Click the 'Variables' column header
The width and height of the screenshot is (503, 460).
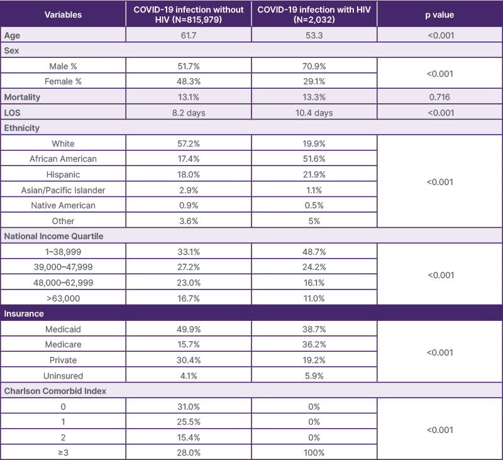tap(64, 14)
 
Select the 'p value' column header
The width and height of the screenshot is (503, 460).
tap(440, 14)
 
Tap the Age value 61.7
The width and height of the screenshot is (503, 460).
tap(189, 35)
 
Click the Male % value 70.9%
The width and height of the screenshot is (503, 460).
tap(314, 66)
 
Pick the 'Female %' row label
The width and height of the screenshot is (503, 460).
tap(64, 81)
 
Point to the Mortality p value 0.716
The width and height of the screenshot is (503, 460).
tap(440, 97)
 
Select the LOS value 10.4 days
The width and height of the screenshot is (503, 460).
tap(314, 113)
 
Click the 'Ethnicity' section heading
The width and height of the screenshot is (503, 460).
tap(22, 128)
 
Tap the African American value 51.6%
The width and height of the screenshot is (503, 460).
tap(314, 159)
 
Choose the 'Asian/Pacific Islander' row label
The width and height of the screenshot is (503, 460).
tap(64, 190)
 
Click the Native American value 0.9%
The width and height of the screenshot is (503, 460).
tap(189, 205)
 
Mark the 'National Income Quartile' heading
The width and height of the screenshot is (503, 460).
tap(54, 236)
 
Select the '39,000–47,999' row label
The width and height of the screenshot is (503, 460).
tap(64, 267)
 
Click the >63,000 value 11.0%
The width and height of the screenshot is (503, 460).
tap(314, 298)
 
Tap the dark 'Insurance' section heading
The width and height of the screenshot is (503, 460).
tap(24, 313)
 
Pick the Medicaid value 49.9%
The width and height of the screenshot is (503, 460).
tap(189, 329)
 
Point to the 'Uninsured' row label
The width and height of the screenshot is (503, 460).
tap(64, 376)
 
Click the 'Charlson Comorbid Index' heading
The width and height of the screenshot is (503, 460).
tap(55, 391)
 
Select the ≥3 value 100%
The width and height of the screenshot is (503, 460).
tap(314, 452)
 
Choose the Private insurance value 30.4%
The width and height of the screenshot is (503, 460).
tap(189, 360)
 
